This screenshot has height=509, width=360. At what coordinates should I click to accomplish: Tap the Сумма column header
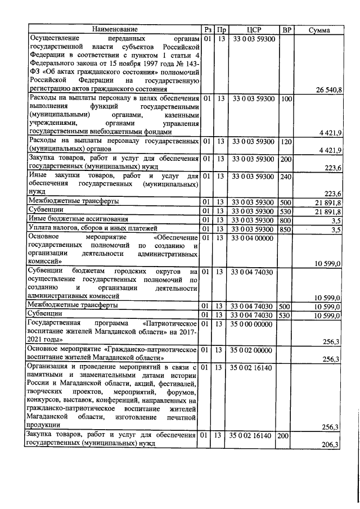tap(319, 30)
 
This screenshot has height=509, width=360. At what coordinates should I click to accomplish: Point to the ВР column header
tap(286, 29)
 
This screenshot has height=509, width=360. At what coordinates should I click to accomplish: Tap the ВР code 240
tap(286, 177)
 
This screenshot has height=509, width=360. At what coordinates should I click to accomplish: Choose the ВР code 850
tap(286, 229)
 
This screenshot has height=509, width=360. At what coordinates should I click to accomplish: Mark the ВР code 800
tap(286, 219)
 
